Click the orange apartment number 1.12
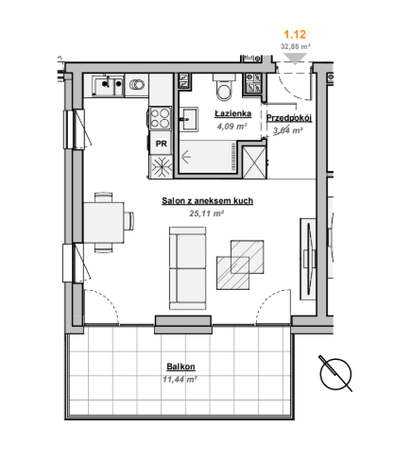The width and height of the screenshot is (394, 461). click(295, 34)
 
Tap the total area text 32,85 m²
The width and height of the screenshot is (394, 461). click(296, 46)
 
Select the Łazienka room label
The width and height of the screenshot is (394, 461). click(233, 113)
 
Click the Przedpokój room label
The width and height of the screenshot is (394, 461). click(289, 118)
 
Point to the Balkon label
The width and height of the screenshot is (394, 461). click(180, 367)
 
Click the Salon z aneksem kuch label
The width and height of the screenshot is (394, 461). click(207, 200)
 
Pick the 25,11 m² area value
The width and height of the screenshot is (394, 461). click(206, 213)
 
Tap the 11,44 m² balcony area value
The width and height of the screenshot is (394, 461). click(180, 380)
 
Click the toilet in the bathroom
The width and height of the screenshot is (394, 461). click(224, 87)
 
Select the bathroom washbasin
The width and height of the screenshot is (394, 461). click(189, 119)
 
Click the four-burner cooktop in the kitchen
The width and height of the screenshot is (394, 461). click(161, 118)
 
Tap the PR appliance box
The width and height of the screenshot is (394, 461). click(161, 144)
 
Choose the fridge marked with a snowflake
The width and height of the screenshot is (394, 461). click(162, 166)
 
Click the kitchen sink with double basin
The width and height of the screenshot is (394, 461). click(108, 85)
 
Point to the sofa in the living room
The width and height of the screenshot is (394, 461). click(188, 268)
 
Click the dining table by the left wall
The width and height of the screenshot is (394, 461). click(104, 223)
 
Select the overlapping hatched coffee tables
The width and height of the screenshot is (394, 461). click(240, 265)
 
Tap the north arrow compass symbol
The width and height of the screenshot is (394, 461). click(335, 374)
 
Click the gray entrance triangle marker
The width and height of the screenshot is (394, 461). click(295, 59)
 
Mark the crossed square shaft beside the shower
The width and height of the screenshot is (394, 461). click(255, 162)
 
